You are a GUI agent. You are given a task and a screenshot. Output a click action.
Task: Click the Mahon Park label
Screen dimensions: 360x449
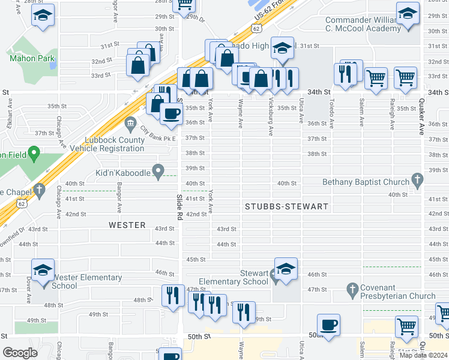[x=32, y=59]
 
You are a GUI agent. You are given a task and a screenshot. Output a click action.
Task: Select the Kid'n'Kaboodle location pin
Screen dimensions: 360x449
[x=158, y=172]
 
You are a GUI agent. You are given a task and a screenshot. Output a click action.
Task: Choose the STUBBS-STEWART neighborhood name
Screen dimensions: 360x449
[x=286, y=206]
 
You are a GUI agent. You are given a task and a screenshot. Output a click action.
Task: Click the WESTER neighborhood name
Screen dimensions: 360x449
[x=127, y=225]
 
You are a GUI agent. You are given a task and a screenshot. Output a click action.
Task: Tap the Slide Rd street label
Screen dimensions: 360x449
[x=179, y=207]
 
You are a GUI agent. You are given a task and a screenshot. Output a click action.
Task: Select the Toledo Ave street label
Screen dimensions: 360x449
[x=331, y=115]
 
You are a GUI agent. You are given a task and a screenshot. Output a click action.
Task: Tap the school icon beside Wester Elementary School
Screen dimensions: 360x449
[x=43, y=271]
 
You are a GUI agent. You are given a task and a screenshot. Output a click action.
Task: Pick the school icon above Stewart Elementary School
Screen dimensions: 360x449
[x=286, y=269]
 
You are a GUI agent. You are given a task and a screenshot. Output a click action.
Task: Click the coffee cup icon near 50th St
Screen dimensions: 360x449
[x=328, y=325]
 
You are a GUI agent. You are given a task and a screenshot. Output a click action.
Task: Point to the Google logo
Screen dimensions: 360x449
[x=20, y=353]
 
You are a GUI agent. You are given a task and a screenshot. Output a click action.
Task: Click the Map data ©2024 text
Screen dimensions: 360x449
[x=424, y=355]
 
